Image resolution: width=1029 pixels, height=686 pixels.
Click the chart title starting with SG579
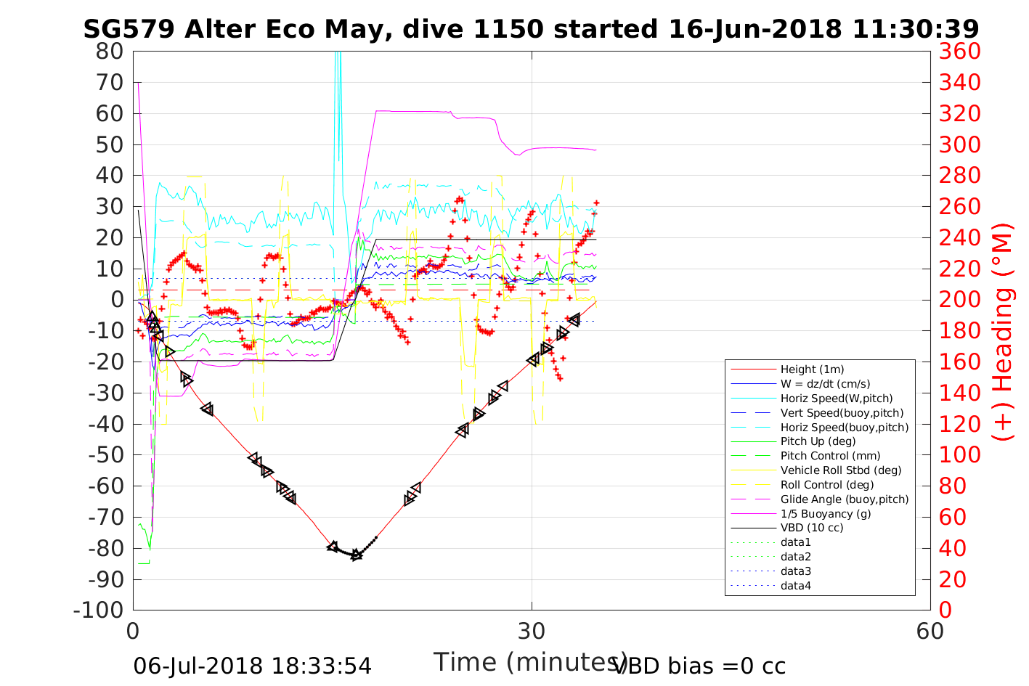pyautogui.click(x=531, y=29)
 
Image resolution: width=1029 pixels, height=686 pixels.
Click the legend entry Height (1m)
pyautogui.click(x=812, y=369)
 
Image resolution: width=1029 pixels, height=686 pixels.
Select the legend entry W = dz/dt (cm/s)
pyautogui.click(x=825, y=384)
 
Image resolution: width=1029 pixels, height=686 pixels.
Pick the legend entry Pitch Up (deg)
pyautogui.click(x=818, y=441)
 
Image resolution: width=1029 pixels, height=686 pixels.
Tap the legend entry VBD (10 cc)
pyautogui.click(x=812, y=528)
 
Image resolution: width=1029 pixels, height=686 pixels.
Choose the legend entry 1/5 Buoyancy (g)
pyautogui.click(x=826, y=513)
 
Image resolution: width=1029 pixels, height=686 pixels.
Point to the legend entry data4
pyautogui.click(x=795, y=585)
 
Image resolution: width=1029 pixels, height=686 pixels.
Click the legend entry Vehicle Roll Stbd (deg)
pyautogui.click(x=841, y=470)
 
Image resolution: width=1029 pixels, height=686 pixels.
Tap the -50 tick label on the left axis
pyautogui.click(x=105, y=455)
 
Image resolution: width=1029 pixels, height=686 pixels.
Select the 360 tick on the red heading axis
pyautogui.click(x=959, y=52)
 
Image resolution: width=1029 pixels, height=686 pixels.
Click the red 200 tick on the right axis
pyautogui.click(x=959, y=300)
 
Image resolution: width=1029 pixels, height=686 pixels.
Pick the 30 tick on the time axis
pyautogui.click(x=532, y=631)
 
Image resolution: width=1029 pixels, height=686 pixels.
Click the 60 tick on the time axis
pyautogui.click(x=930, y=631)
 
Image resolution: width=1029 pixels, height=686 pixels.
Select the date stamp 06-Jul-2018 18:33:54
pyautogui.click(x=253, y=666)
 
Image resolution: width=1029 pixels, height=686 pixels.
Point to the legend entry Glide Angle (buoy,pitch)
pyautogui.click(x=845, y=499)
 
